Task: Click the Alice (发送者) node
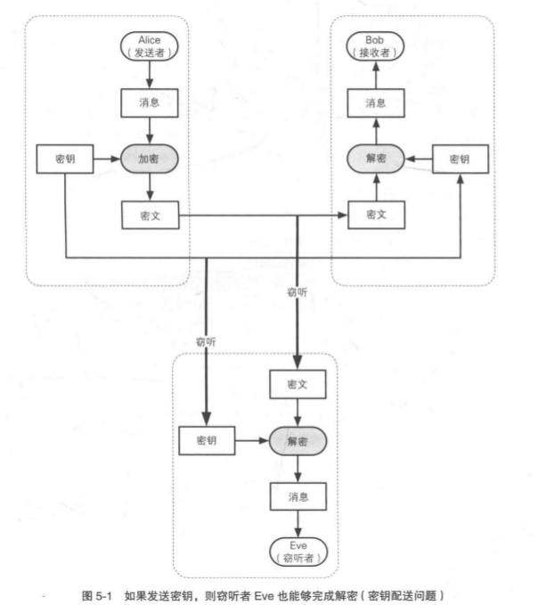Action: (x=150, y=46)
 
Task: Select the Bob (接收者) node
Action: (x=375, y=46)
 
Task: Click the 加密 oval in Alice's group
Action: (x=150, y=159)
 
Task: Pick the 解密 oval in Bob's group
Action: (x=375, y=159)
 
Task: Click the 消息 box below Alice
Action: (x=150, y=103)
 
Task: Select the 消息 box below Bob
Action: (x=375, y=103)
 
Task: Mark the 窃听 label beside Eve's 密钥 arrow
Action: (x=206, y=340)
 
